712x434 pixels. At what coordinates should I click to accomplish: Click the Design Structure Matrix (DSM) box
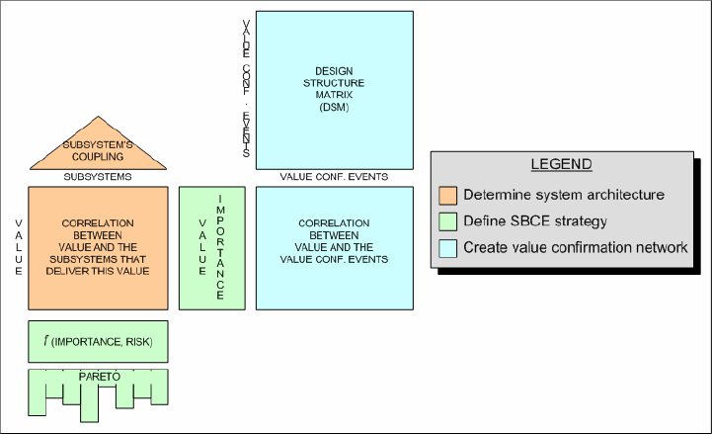[334, 90]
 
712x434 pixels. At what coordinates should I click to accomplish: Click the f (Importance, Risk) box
[98, 341]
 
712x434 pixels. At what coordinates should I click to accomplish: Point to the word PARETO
[97, 377]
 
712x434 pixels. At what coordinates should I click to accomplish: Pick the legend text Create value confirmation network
[576, 247]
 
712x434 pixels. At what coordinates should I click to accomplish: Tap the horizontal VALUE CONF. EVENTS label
[334, 177]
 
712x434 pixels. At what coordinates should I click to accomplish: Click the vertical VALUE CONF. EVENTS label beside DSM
[246, 89]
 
